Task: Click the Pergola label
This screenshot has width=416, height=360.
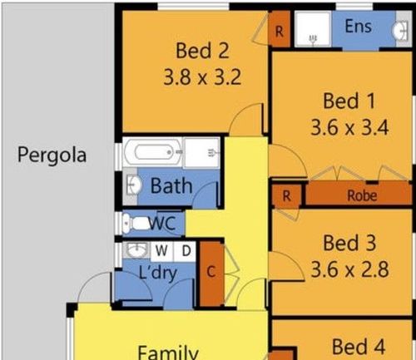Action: tap(52, 155)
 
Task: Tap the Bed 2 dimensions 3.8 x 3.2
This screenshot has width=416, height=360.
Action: tap(202, 77)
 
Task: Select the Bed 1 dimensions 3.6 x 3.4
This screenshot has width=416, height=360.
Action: tap(349, 127)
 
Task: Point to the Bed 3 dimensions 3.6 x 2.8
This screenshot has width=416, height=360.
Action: tap(349, 269)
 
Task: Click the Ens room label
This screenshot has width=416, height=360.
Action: tap(358, 27)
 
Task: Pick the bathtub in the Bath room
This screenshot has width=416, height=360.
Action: tap(153, 152)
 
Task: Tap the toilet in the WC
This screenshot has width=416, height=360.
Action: tap(136, 224)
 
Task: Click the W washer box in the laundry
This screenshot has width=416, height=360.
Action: tap(161, 251)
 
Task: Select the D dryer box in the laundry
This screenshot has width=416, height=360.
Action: tap(185, 251)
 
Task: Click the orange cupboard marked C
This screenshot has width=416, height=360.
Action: tap(211, 274)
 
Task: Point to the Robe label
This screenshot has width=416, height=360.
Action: tap(362, 195)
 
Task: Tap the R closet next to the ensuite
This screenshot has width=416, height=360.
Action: tap(280, 29)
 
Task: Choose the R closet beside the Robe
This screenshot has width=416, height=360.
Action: tap(286, 196)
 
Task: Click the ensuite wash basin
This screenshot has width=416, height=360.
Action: tap(400, 30)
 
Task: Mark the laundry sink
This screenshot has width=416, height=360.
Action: tap(136, 250)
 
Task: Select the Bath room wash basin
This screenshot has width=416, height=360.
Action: tap(133, 185)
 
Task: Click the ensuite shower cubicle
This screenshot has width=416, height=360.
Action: tap(313, 29)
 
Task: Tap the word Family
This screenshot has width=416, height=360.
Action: tap(168, 353)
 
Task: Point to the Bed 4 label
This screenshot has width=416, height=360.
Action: tap(359, 347)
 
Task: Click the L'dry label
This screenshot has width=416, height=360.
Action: tap(157, 273)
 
